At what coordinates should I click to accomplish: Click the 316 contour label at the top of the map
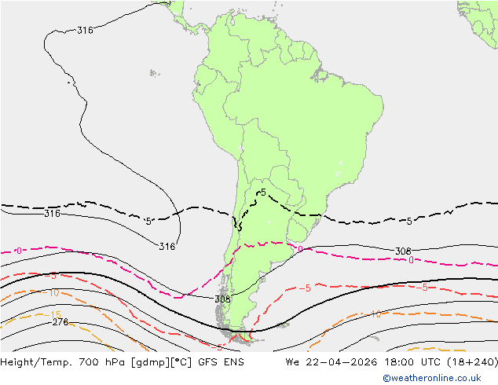[85, 31]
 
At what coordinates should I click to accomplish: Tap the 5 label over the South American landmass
[263, 192]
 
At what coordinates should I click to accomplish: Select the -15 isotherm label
[55, 314]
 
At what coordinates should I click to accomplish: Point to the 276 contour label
[60, 322]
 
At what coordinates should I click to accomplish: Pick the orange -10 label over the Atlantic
[375, 315]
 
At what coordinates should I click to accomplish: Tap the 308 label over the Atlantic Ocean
[403, 251]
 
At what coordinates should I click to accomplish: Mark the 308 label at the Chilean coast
[222, 299]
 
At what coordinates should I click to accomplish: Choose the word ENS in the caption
[233, 362]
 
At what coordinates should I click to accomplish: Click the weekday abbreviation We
[292, 362]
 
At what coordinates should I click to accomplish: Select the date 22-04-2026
[335, 362]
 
